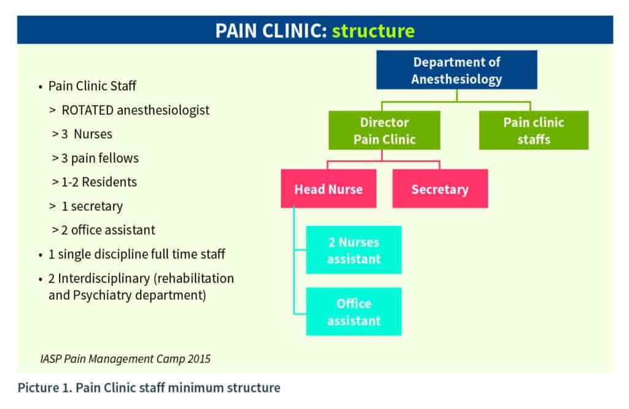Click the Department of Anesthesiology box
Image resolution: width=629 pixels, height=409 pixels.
click(456, 71)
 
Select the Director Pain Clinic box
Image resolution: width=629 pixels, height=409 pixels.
click(384, 131)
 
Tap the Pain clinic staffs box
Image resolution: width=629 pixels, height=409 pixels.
click(533, 131)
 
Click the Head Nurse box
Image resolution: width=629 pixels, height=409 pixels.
click(328, 189)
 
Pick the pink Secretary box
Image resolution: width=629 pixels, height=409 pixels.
click(440, 189)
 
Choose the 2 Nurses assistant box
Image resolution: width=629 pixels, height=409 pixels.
click(353, 250)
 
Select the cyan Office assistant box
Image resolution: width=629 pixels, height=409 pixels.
click(353, 311)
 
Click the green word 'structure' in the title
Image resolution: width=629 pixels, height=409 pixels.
click(373, 30)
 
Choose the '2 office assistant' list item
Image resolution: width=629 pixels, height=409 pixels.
click(107, 230)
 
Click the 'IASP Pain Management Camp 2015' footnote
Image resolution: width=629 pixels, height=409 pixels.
click(125, 359)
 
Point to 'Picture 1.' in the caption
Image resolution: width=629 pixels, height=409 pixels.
click(41, 388)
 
